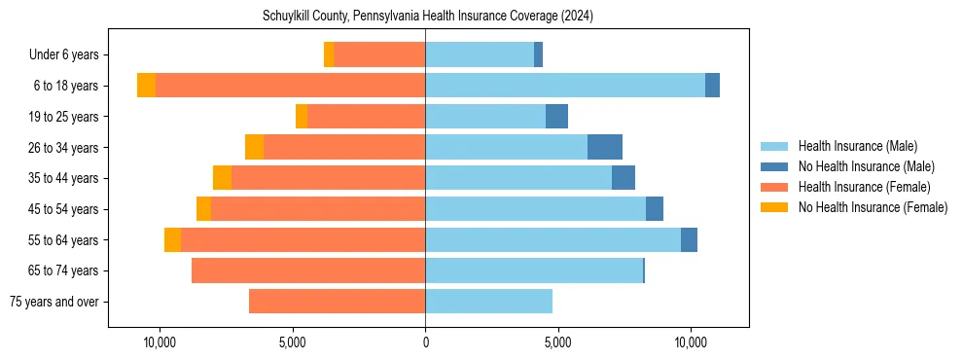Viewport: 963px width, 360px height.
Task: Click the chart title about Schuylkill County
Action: coord(428,17)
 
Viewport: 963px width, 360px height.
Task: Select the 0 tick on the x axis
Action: coord(425,343)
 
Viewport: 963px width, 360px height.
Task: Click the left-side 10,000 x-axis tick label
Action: coord(159,343)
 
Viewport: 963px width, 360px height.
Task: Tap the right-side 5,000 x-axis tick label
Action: coord(557,343)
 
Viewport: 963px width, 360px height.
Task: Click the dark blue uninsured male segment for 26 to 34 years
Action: coord(605,147)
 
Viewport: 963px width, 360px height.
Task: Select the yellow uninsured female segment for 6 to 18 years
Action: coord(146,86)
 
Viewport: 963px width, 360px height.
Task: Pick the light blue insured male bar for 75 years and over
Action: coord(488,302)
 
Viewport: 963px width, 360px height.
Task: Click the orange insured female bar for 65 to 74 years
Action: coord(308,270)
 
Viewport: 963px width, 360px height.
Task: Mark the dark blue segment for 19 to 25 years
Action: coord(556,117)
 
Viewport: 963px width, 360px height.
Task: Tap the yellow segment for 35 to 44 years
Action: coord(222,178)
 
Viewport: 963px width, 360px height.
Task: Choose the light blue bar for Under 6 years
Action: coord(480,54)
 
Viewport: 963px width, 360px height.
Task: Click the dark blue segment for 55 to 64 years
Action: coord(689,239)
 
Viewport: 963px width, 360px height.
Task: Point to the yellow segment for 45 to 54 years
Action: coord(203,209)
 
